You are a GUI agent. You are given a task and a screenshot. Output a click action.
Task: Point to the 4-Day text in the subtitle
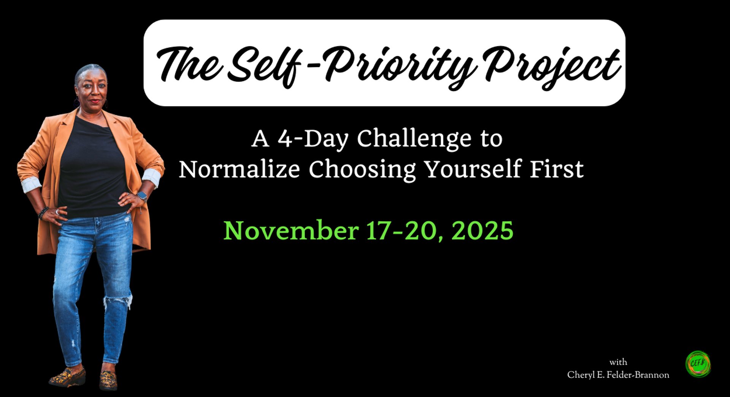coord(313,139)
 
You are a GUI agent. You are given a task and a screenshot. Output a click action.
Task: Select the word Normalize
coord(239,169)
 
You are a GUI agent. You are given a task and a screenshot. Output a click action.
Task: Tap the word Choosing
coord(362,170)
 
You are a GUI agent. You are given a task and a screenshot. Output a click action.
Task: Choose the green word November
coord(291,230)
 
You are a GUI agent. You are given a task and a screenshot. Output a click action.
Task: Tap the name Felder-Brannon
coord(638,375)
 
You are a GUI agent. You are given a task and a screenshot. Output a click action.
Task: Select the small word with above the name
coord(618,362)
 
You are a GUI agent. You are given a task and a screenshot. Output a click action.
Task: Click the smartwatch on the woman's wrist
coord(142,197)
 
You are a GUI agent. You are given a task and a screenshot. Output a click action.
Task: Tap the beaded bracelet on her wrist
coord(43,213)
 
